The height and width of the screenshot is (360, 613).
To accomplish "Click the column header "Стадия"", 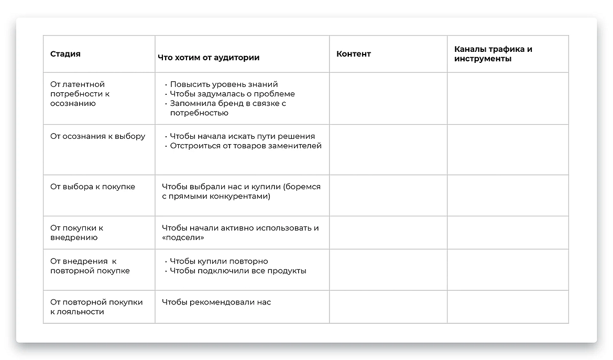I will (65, 54).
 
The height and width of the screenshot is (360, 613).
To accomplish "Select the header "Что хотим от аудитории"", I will (209, 58).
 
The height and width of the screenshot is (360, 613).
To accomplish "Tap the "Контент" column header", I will (354, 54).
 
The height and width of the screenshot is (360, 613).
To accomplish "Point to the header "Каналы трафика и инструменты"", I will (493, 54).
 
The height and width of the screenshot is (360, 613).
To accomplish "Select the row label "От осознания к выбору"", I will (97, 136).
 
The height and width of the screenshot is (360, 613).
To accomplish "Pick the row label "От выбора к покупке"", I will (92, 187).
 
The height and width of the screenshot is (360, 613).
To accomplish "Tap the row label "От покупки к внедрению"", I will (76, 233).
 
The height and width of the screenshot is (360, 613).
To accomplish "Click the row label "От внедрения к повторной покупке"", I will (90, 266).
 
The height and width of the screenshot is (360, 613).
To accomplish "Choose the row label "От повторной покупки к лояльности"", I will (96, 307).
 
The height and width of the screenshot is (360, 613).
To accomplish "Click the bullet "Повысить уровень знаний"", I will (224, 84).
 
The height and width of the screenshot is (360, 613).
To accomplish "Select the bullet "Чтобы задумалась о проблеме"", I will (232, 94).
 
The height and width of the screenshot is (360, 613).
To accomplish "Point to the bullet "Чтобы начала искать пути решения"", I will (242, 136).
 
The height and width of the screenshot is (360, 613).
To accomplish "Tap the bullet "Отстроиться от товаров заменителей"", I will (245, 146).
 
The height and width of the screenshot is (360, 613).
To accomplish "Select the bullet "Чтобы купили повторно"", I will (218, 261).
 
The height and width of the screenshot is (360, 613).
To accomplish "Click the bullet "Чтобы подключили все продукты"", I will (238, 271).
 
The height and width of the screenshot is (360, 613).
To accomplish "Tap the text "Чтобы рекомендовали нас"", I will (216, 302).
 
